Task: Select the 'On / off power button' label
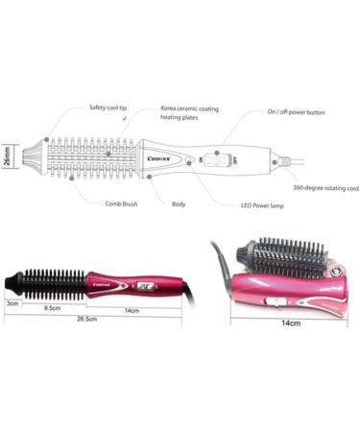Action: (296, 112)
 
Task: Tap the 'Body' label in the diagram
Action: (179, 204)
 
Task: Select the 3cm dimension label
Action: (13, 302)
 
